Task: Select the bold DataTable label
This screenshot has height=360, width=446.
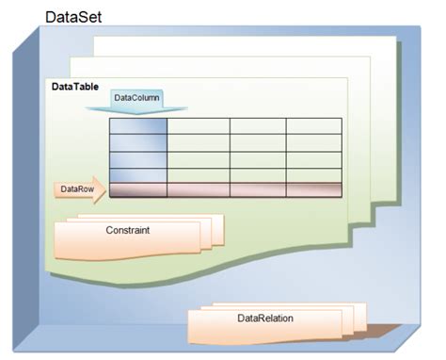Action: coord(74,87)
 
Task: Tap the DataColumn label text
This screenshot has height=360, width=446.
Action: coord(137,97)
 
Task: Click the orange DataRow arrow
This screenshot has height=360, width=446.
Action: coord(80,189)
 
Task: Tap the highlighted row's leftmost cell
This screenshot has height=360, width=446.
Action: coord(138,189)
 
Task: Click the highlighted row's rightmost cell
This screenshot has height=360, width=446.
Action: coord(313,189)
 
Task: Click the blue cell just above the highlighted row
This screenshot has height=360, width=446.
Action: coord(138,175)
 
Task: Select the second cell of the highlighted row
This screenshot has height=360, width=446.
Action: coord(199,189)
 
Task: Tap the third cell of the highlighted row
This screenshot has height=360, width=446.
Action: coord(258,189)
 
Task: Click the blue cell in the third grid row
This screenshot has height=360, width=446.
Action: coord(138,159)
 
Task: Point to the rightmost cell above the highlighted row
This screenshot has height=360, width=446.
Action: coord(313,175)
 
